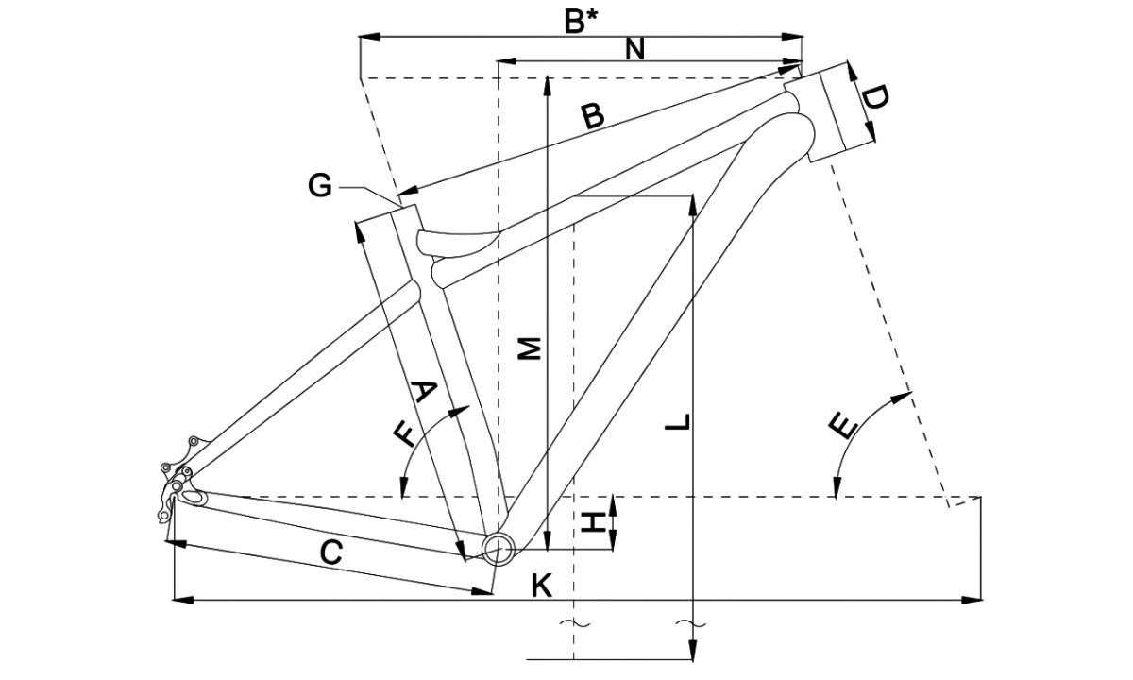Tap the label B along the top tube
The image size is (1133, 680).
pos(592,116)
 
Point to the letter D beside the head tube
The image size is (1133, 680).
pos(875,97)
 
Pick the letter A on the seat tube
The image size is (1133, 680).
pos(425,391)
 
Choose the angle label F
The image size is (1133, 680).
pos(403,433)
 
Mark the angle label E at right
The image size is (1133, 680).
pos(843,426)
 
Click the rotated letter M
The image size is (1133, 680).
pos(531,348)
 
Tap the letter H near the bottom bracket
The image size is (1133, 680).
pos(593,521)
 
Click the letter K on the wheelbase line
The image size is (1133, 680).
pos(541,586)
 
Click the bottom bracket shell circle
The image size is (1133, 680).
pos(497,547)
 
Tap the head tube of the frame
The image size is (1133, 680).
pos(829,110)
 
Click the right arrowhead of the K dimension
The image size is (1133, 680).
pos(972,599)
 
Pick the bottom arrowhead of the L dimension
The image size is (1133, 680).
pos(693,652)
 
